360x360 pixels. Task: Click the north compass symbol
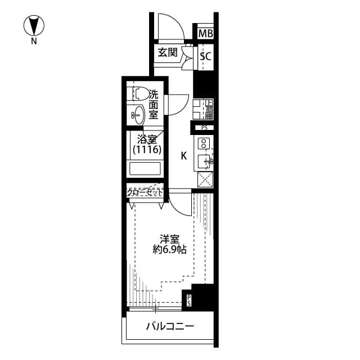click(35, 25)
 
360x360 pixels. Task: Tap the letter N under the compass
click(34, 41)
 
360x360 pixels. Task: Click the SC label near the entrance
click(206, 56)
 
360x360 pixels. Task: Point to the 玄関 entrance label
click(167, 53)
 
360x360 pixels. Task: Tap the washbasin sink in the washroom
click(138, 115)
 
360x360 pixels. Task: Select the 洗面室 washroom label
click(154, 105)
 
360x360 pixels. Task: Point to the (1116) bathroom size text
click(147, 150)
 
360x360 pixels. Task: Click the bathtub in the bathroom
click(146, 169)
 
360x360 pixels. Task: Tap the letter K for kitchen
click(183, 156)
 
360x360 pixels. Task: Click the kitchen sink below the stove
click(204, 161)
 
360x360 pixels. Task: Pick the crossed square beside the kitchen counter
click(205, 179)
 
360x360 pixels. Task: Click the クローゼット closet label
click(145, 192)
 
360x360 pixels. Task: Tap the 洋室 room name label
click(169, 238)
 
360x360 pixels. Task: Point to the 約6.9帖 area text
click(169, 250)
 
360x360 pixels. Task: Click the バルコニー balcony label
click(169, 326)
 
